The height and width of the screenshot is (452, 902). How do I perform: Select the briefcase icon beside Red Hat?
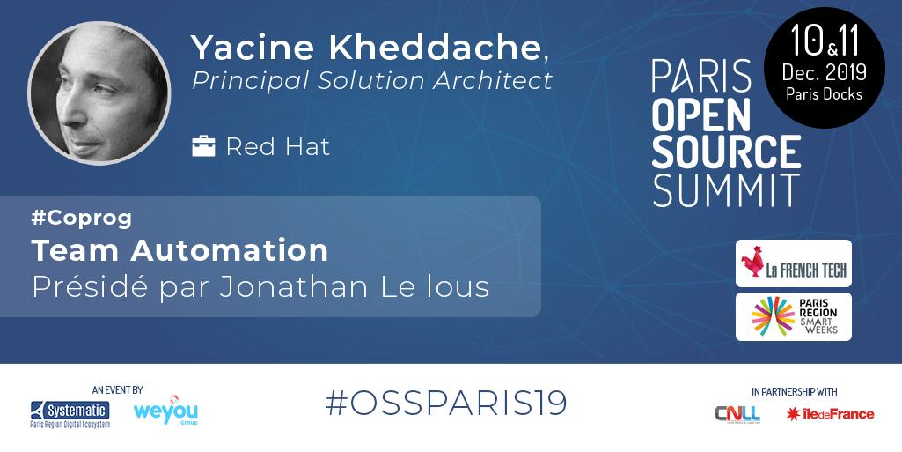tap(203, 145)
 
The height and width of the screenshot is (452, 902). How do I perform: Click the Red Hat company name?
tap(277, 146)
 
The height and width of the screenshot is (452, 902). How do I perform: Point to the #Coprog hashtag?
tap(81, 217)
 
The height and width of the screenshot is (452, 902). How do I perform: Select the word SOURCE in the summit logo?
tap(726, 152)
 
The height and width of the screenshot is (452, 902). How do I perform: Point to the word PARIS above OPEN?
tap(700, 77)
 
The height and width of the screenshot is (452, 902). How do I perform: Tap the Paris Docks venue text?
tap(825, 93)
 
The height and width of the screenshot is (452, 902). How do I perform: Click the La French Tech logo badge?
tap(794, 263)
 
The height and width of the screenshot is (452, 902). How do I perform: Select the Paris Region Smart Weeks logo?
tap(794, 317)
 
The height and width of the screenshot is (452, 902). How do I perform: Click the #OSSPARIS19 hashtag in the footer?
tap(446, 403)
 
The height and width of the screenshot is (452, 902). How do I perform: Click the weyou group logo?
tap(165, 411)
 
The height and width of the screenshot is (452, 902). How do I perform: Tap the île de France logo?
tap(830, 413)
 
